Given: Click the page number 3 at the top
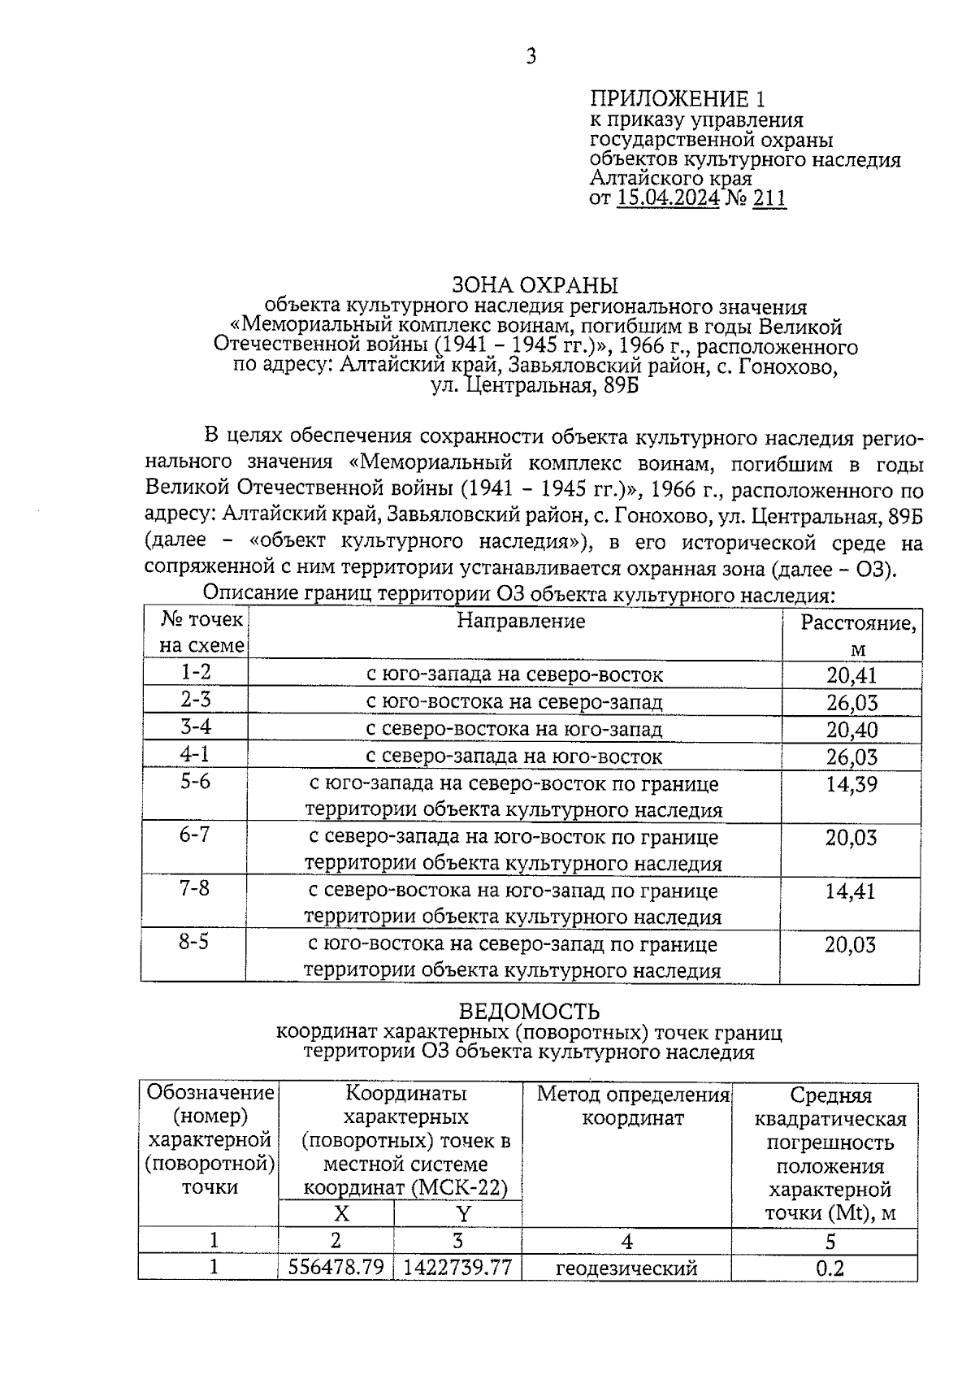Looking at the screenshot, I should pyautogui.click(x=531, y=56).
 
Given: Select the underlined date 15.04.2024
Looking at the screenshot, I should pyautogui.click(x=668, y=198).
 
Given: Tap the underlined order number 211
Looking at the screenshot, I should pyautogui.click(x=769, y=198).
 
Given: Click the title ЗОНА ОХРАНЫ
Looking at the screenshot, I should pyautogui.click(x=535, y=285).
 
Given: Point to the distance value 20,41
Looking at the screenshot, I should pyautogui.click(x=851, y=674).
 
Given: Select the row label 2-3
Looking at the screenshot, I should pyautogui.click(x=195, y=700).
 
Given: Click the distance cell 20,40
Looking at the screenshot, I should pyautogui.click(x=851, y=729).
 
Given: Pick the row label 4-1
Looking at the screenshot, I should pyautogui.click(x=195, y=754).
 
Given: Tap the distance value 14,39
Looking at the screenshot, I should pyautogui.click(x=851, y=784).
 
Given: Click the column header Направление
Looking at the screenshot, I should pyautogui.click(x=521, y=622).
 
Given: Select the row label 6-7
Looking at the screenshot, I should pyautogui.click(x=195, y=835).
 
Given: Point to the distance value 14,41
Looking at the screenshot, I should pyautogui.click(x=851, y=891).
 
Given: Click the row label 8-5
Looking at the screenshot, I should pyautogui.click(x=194, y=943).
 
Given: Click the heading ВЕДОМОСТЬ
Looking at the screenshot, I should pyautogui.click(x=529, y=1012).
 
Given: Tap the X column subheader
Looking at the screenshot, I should pyautogui.click(x=341, y=1214).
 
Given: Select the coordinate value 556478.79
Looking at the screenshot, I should pyautogui.click(x=336, y=1267).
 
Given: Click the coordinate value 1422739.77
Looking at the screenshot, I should pyautogui.click(x=457, y=1267).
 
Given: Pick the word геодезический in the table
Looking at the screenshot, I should pyautogui.click(x=626, y=1268).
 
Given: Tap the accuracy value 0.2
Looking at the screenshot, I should pyautogui.click(x=829, y=1268).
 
